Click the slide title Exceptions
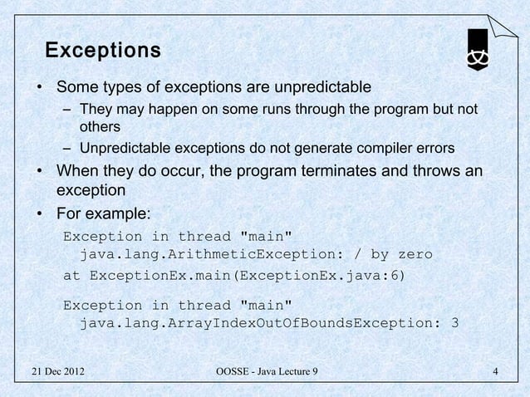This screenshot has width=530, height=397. tap(102, 51)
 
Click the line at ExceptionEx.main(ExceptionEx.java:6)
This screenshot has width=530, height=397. tap(234, 274)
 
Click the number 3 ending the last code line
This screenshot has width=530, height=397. tap(453, 324)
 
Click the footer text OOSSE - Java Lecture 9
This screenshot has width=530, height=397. tap(266, 371)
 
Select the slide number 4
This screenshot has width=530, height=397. tap(495, 371)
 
